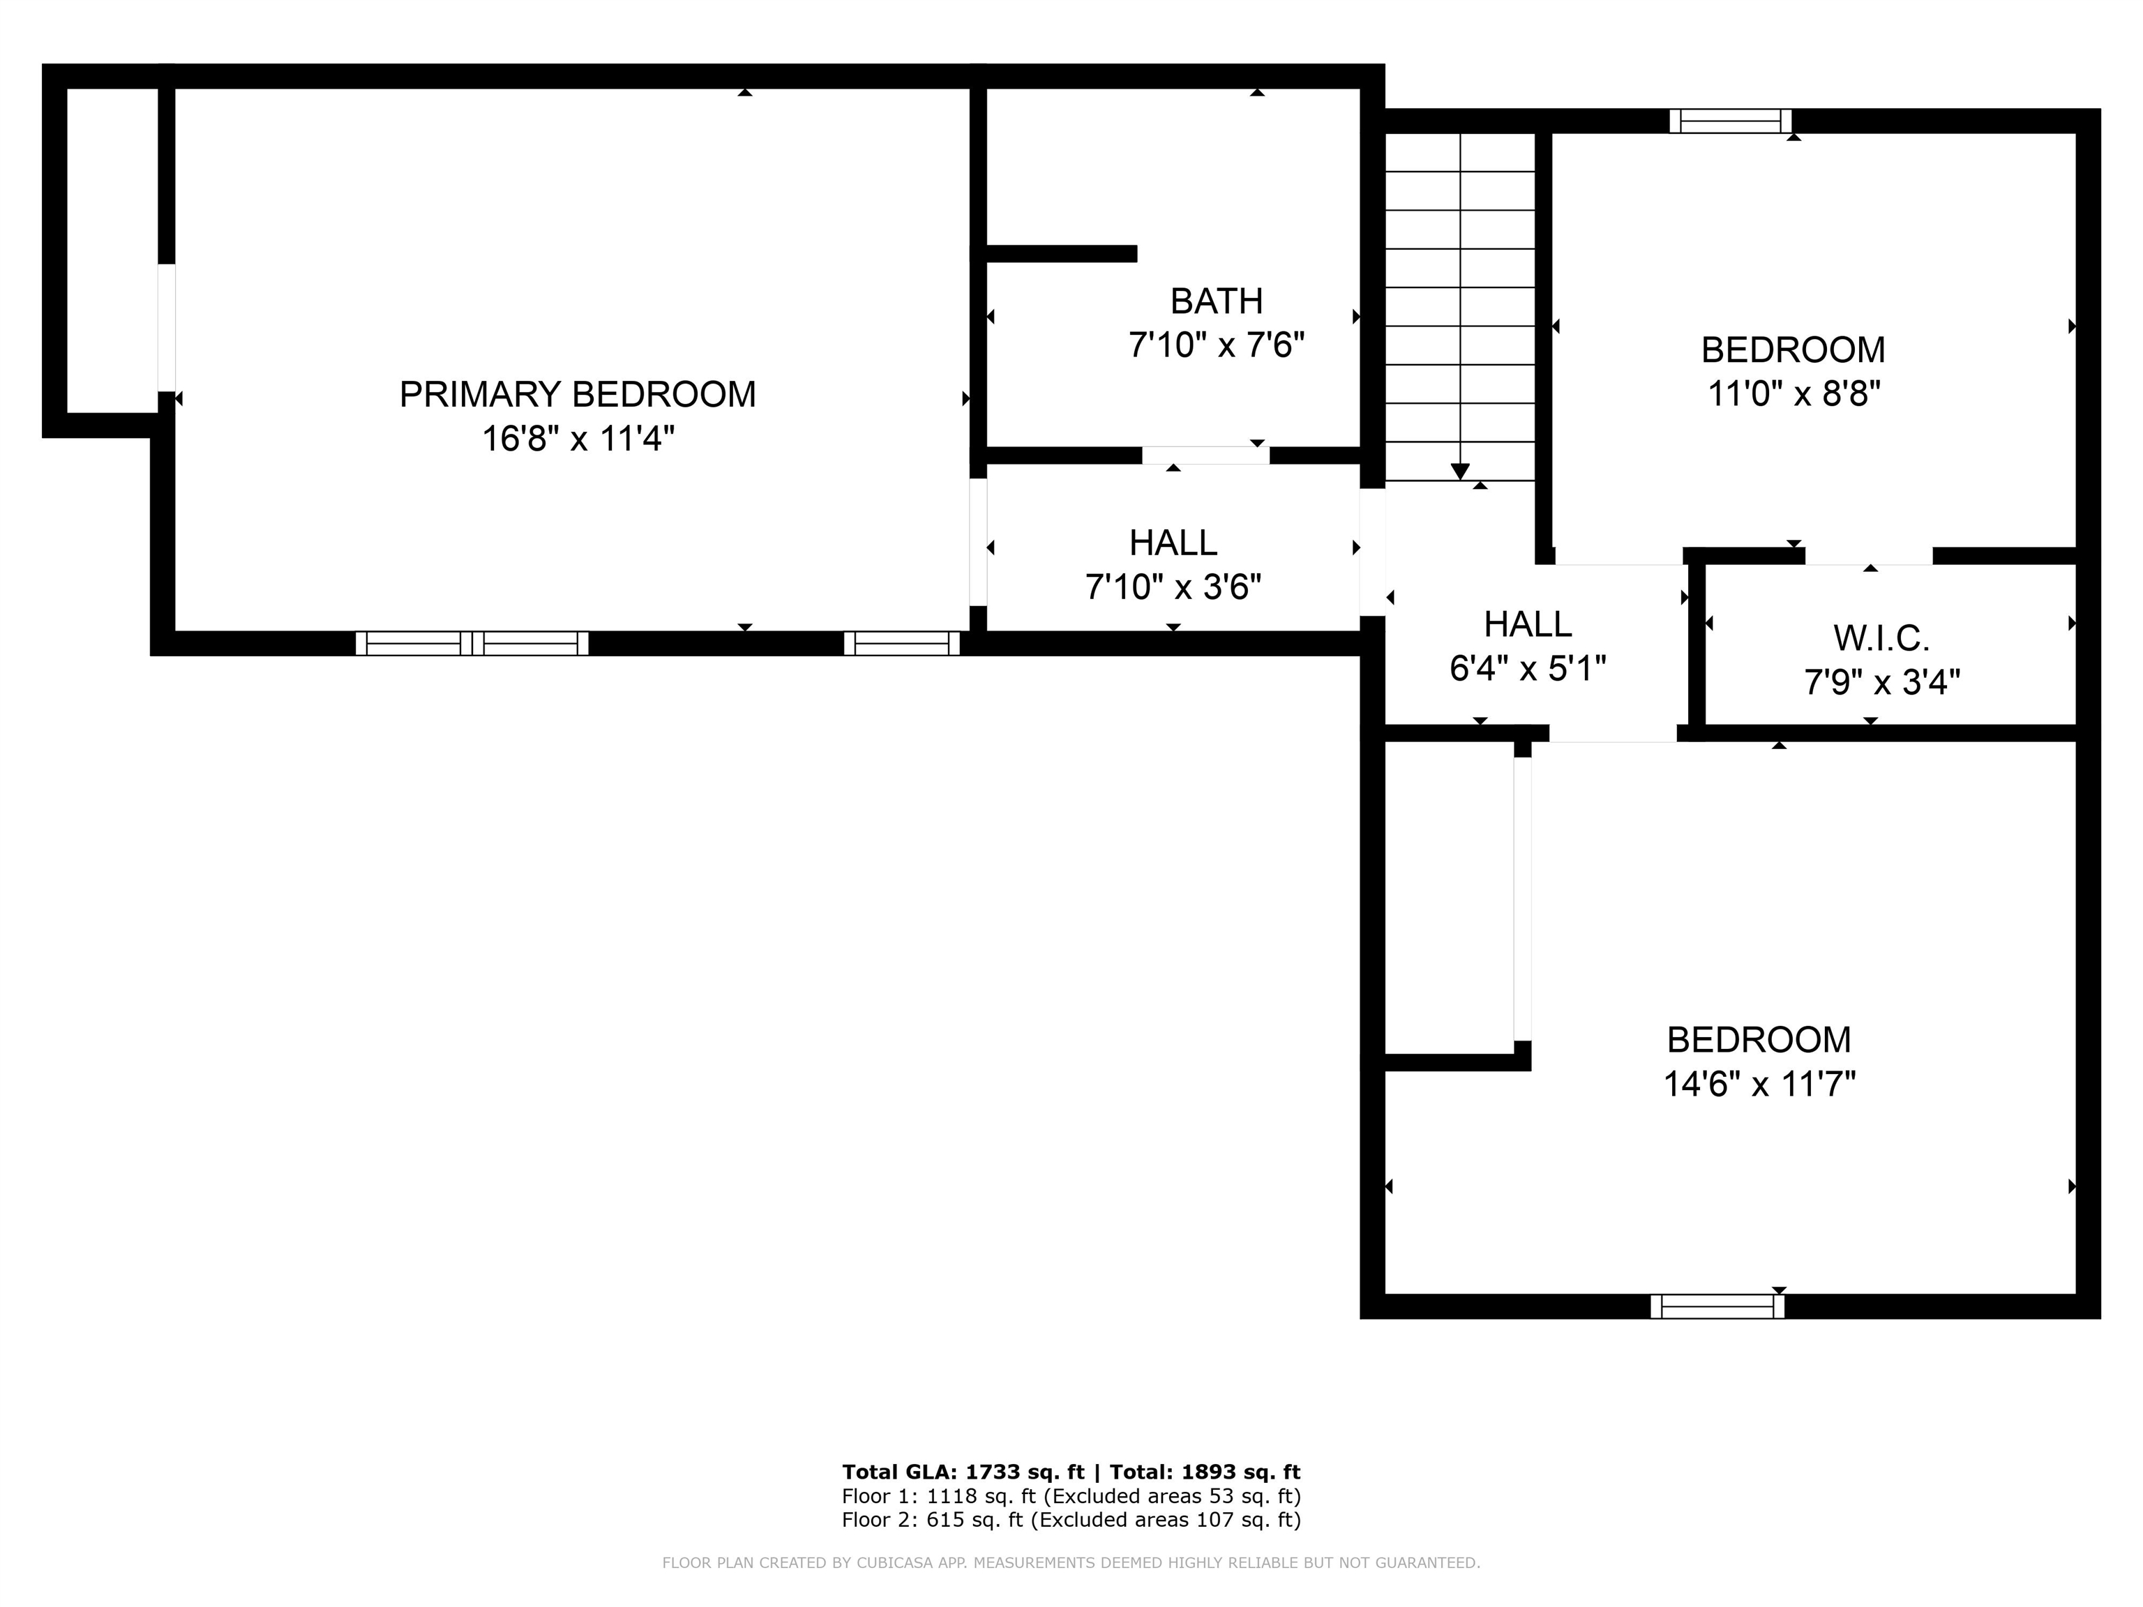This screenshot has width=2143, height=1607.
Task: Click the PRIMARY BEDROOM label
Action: tap(578, 394)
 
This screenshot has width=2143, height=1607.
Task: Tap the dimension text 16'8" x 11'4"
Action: tap(578, 439)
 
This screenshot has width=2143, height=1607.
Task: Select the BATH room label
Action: tap(1216, 301)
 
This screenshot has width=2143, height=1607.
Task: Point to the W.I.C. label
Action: tap(1881, 638)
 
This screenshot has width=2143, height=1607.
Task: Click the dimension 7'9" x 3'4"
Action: tap(1881, 683)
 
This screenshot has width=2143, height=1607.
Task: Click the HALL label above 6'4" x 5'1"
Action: tap(1528, 624)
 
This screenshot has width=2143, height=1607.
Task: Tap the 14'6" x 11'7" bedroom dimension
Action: tap(1759, 1084)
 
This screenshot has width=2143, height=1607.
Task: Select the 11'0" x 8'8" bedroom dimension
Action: tap(1794, 394)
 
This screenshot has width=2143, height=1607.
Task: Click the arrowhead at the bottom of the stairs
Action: tap(1460, 471)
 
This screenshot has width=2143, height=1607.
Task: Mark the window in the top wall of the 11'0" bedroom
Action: tap(1730, 121)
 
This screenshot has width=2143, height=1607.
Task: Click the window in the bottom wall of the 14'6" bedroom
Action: tap(1717, 1306)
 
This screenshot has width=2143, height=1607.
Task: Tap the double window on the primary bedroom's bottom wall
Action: tap(472, 643)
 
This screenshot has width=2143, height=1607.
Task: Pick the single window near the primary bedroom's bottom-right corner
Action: tap(901, 643)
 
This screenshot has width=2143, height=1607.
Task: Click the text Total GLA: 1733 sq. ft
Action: tap(963, 1472)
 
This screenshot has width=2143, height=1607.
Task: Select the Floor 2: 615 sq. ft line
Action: tap(1071, 1520)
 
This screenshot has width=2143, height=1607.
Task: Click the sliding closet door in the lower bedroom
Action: tap(1522, 899)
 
